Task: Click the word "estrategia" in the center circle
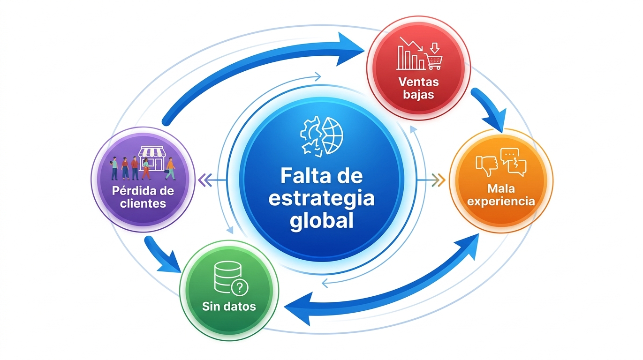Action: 321,199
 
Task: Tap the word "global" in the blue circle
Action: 321,220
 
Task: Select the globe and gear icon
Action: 322,136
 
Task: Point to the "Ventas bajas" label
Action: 418,88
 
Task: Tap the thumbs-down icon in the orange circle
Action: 486,165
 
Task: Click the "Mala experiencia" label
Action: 501,195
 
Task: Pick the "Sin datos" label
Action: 229,307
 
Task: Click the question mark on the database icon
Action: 240,286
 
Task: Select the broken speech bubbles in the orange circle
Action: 513,161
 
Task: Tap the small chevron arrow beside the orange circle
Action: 439,179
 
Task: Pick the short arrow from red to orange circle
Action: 491,108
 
